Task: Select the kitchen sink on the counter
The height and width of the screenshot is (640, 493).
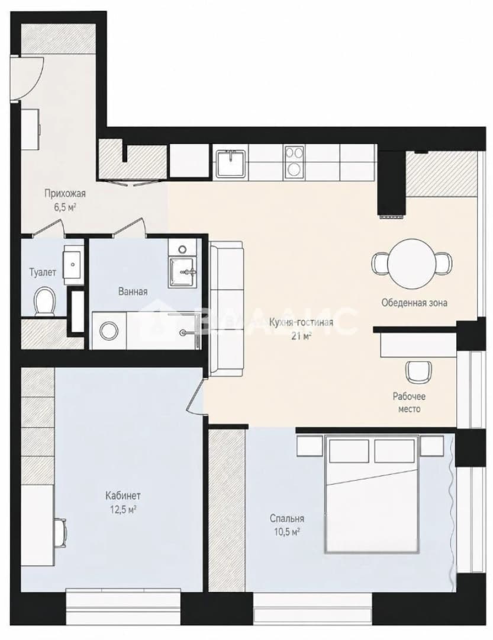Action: (x=230, y=163)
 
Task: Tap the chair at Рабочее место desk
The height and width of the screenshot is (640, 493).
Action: (x=418, y=370)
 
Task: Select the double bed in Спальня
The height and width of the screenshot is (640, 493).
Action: (x=372, y=494)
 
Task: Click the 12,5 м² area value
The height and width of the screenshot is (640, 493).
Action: (x=123, y=510)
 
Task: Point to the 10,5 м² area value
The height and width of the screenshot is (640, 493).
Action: (x=288, y=532)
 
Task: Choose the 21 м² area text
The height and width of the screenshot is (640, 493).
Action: (x=301, y=335)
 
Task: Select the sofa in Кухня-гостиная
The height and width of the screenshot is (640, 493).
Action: (x=226, y=309)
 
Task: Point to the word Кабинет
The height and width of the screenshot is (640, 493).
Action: (x=123, y=495)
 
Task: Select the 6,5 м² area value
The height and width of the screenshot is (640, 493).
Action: (x=65, y=207)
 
